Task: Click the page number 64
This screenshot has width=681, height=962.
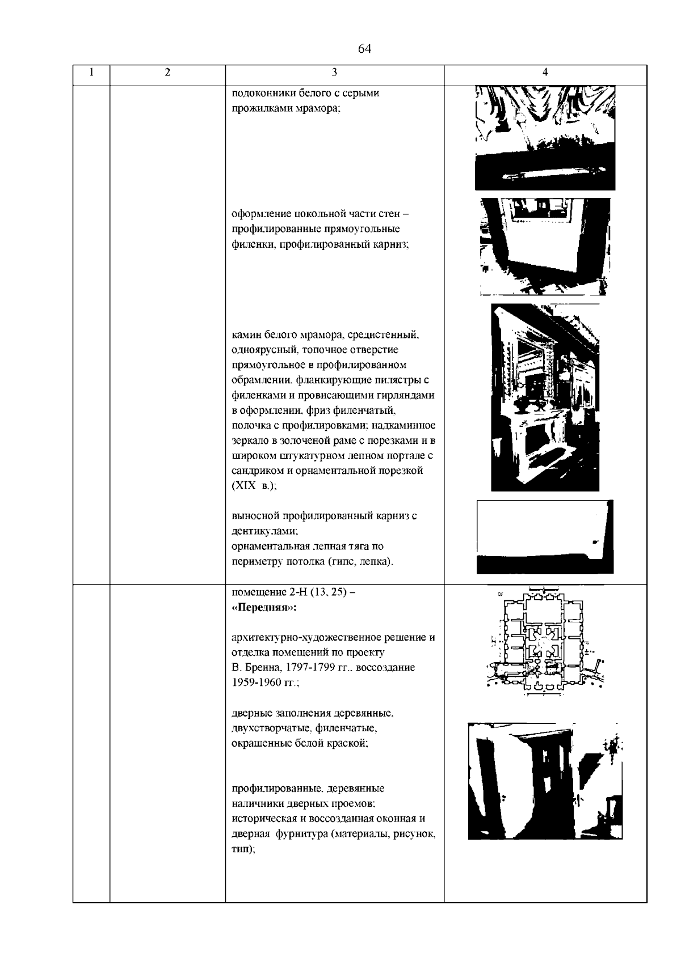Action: (x=364, y=49)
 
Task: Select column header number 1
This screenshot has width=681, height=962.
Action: (x=91, y=72)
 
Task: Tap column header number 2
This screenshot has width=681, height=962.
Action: (x=167, y=72)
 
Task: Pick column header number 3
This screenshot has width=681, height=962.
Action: (x=334, y=72)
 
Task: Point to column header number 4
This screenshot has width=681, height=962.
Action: (x=545, y=72)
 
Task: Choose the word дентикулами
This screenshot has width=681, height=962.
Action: (x=264, y=532)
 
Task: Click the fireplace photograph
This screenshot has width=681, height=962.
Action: (x=545, y=397)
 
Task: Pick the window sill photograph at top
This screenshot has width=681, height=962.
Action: (x=545, y=138)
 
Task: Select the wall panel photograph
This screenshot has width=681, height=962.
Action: (x=545, y=247)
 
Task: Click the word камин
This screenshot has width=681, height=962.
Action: (x=245, y=334)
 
